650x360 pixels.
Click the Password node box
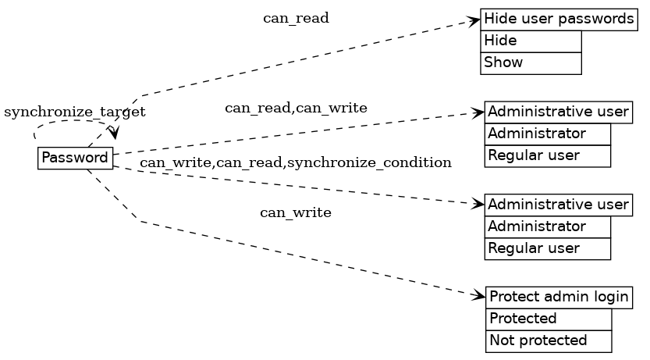(75, 158)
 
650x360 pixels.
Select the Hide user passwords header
(558, 19)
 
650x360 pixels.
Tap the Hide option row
(531, 41)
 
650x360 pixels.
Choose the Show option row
(531, 62)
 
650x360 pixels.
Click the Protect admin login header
(559, 297)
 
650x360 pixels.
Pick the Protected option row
(549, 319)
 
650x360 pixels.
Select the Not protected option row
(549, 340)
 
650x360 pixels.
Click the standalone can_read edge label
(296, 18)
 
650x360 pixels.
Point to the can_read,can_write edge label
(296, 108)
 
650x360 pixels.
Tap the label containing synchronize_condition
(296, 162)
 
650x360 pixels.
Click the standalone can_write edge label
(295, 212)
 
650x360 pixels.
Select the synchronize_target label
(75, 112)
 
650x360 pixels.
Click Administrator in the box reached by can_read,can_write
(547, 134)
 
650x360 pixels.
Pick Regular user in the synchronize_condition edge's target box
(547, 248)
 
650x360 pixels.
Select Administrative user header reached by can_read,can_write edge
(558, 112)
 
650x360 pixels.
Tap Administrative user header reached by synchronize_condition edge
(558, 205)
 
